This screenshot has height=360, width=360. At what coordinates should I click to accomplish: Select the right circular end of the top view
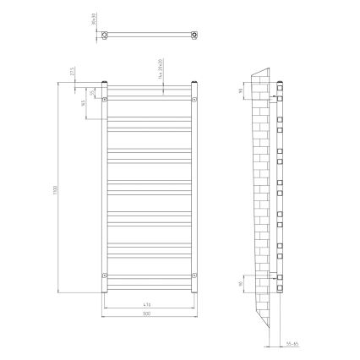[195, 35]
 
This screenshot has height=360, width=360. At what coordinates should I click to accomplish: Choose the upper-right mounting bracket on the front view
[194, 99]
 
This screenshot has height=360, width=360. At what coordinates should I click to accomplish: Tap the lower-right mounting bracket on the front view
[194, 275]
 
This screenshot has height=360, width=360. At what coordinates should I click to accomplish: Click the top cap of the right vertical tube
[194, 81]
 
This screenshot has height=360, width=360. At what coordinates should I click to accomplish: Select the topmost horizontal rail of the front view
[149, 88]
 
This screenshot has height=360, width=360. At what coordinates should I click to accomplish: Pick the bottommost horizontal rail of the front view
[149, 286]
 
